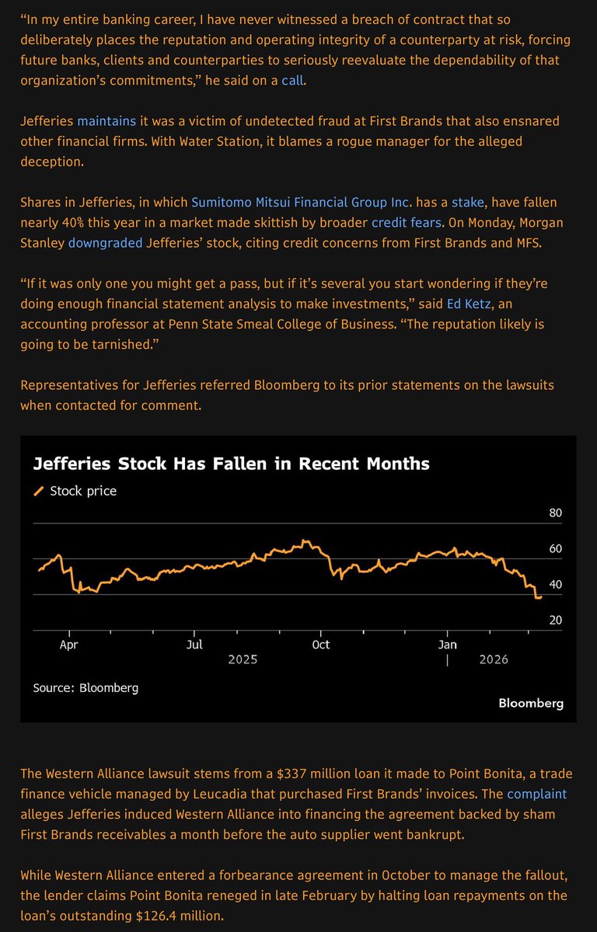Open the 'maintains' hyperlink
[106, 121]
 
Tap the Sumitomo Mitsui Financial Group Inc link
[300, 202]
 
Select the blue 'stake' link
[467, 202]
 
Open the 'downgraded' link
[106, 242]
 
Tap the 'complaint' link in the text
[536, 794]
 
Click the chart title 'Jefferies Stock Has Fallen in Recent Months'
[231, 464]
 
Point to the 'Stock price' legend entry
[82, 491]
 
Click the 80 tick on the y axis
[555, 513]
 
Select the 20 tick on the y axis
[555, 621]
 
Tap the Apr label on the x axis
[69, 645]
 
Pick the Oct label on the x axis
[320, 645]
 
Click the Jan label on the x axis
[447, 645]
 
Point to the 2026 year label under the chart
[494, 659]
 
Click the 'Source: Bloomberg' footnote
[86, 687]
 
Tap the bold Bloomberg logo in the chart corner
[531, 703]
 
